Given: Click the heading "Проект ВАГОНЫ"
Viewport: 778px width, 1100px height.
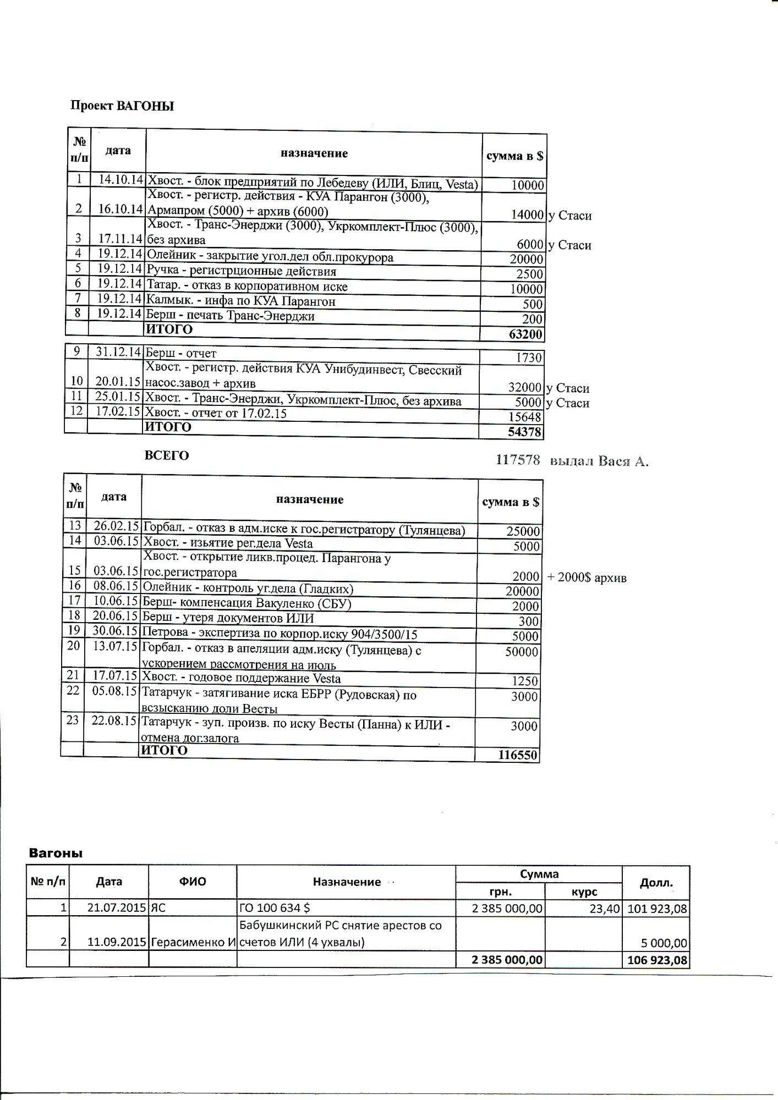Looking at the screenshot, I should tap(122, 106).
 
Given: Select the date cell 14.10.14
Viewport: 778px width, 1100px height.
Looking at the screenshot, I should tap(120, 180).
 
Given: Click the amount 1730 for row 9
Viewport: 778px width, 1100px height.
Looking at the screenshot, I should tap(529, 358).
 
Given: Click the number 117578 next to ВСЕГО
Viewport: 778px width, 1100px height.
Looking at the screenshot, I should tap(518, 460).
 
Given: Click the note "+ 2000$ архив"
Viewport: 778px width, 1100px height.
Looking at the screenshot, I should tap(587, 578).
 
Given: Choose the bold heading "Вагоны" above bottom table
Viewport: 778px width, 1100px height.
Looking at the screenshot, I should tap(55, 853).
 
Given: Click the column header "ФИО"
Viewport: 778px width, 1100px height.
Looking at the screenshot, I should tap(193, 882).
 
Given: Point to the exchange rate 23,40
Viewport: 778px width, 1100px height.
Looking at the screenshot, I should tap(605, 909).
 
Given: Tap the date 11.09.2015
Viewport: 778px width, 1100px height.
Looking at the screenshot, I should tap(118, 942).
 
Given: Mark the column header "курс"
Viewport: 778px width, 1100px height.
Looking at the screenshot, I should tap(584, 892).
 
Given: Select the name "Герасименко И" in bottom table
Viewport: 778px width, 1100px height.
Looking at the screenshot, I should tap(193, 942).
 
